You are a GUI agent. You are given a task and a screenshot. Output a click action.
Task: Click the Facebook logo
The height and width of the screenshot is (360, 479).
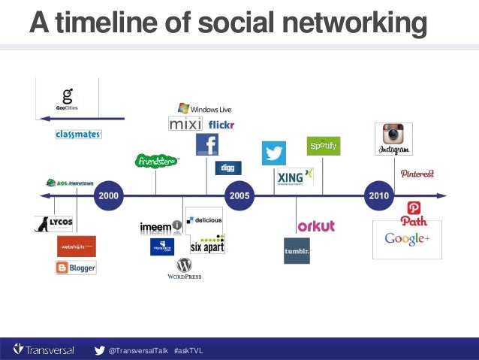click(206, 145)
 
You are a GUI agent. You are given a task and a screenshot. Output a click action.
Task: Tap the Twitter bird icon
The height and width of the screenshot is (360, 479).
click(273, 153)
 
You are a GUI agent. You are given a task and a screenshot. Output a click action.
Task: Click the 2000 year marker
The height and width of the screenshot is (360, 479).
click(108, 195)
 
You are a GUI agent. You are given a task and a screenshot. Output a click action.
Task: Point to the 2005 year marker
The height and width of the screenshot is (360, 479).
click(239, 195)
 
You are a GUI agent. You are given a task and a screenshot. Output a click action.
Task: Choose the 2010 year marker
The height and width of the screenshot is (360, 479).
click(378, 195)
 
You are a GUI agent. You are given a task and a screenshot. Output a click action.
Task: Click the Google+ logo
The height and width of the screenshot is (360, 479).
click(406, 239)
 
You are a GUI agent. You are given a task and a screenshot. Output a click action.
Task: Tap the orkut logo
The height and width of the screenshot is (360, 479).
click(315, 225)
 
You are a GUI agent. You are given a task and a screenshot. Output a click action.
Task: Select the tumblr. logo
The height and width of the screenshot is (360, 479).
click(297, 251)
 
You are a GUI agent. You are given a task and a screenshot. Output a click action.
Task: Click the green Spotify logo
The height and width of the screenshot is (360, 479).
click(324, 145)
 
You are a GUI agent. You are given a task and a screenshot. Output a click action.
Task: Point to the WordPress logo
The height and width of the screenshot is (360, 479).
click(184, 268)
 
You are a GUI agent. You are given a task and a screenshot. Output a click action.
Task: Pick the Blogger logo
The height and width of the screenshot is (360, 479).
click(76, 268)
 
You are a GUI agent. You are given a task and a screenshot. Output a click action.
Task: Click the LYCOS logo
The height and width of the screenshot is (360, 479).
click(53, 224)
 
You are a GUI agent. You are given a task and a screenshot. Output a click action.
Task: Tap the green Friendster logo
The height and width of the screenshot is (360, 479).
click(156, 161)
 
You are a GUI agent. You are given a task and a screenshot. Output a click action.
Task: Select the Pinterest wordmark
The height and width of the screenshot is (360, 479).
click(417, 174)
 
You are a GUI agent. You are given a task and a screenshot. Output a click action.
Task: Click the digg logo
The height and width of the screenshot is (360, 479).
click(227, 168)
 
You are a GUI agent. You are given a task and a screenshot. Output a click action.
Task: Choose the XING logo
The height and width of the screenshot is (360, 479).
click(294, 177)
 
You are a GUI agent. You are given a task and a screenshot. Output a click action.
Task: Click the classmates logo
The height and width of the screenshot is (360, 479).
click(78, 135)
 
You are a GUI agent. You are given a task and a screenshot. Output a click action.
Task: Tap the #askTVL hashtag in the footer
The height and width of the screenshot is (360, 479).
click(188, 351)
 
